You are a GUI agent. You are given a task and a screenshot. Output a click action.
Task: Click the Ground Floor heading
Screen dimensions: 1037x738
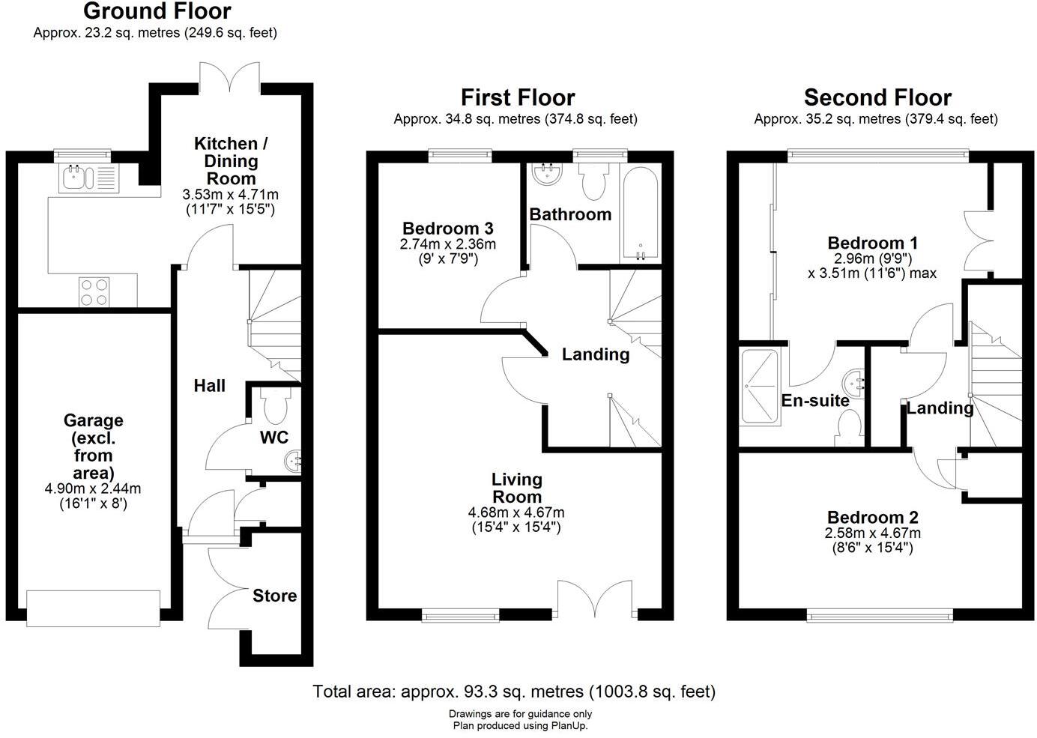click(157, 11)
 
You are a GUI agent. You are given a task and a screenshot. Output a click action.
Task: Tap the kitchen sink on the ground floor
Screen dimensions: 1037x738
click(89, 178)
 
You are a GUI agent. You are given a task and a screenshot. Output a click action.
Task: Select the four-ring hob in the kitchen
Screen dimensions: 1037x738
click(94, 291)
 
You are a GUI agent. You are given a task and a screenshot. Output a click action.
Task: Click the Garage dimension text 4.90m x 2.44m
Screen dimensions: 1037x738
click(93, 489)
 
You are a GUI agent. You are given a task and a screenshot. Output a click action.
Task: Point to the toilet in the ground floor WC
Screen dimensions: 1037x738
click(276, 405)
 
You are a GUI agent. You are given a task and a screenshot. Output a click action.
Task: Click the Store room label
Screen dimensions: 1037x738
click(274, 596)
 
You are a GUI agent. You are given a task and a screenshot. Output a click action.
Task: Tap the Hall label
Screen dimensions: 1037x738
click(209, 386)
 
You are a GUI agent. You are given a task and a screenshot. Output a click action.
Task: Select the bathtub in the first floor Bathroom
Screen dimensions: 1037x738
click(640, 214)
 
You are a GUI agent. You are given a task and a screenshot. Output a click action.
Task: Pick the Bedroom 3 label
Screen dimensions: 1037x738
click(447, 229)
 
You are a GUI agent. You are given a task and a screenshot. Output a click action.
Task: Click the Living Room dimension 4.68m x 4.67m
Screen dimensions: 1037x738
click(516, 512)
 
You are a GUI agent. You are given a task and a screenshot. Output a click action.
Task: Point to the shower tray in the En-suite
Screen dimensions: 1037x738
click(761, 387)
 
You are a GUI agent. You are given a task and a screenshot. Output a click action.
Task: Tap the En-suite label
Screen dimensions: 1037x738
click(815, 401)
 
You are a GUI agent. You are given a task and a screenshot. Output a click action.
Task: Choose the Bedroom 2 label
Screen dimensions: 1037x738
click(873, 517)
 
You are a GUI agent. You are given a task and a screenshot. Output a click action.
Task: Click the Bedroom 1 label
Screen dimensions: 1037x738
click(873, 243)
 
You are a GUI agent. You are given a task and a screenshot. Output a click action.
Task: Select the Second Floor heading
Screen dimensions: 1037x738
click(877, 97)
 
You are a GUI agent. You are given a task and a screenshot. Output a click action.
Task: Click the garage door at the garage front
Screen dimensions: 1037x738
click(93, 608)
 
